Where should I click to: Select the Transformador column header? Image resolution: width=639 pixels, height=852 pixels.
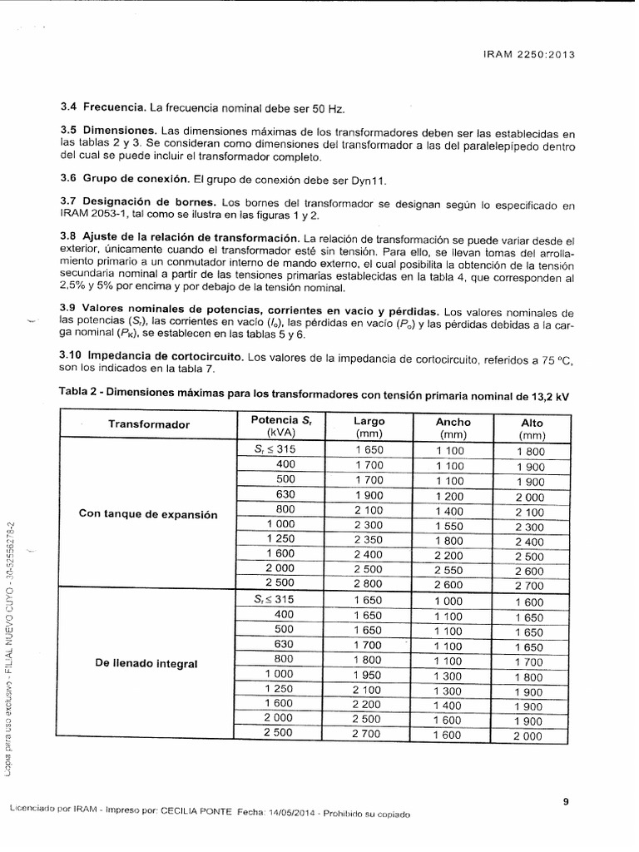point(149,424)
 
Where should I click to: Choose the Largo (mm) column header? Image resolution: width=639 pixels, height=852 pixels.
point(369,428)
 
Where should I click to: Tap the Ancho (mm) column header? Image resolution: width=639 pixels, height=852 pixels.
point(453,428)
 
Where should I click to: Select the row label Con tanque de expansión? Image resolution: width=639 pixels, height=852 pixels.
point(148,514)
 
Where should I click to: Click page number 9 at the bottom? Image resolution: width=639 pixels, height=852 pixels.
point(565,802)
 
